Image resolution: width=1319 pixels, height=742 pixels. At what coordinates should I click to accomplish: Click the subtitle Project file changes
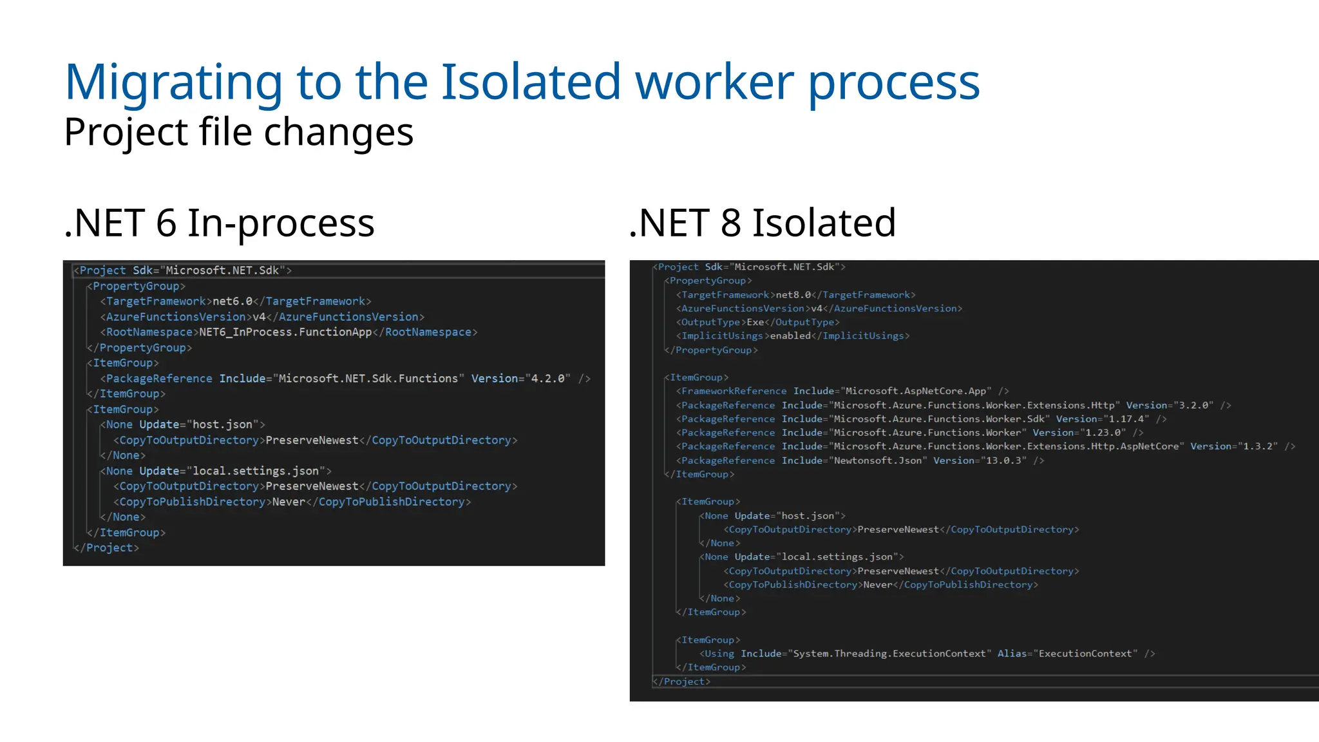point(238,132)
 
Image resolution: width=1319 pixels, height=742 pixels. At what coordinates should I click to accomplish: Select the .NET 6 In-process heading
point(219,223)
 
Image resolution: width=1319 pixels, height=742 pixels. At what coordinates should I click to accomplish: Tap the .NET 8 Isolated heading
point(762,223)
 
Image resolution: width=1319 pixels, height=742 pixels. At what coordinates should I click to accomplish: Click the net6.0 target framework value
point(232,301)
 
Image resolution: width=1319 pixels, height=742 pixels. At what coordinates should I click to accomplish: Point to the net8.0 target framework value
point(793,295)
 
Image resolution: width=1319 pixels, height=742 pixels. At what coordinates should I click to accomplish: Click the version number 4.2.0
point(547,379)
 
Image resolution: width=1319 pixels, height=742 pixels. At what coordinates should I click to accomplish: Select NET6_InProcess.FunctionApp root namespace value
point(285,332)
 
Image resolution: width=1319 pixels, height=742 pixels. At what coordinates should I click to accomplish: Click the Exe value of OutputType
point(755,322)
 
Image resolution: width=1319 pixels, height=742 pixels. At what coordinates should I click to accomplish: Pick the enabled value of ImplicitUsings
point(790,336)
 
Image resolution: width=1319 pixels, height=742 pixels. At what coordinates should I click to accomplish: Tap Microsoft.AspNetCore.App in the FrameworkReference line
point(916,391)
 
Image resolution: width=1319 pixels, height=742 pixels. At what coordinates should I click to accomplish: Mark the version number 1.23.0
point(1103,433)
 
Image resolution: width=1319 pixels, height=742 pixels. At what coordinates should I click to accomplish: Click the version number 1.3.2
point(1260,446)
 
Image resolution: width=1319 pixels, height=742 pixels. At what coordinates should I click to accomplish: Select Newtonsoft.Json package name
point(878,461)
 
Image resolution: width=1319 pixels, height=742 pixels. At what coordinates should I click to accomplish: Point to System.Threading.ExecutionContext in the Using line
point(889,654)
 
